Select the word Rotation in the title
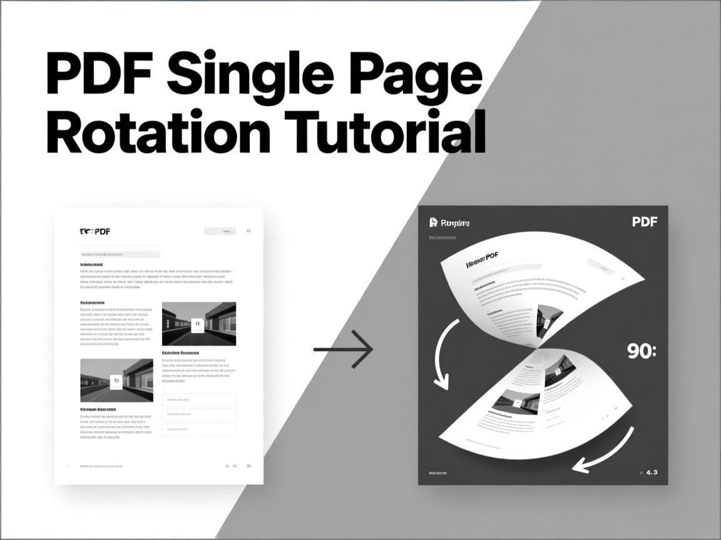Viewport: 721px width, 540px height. (x=158, y=132)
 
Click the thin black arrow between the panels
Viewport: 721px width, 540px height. (x=343, y=349)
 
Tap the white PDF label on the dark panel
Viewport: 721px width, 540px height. (x=645, y=222)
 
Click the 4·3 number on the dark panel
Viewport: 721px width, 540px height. (x=652, y=472)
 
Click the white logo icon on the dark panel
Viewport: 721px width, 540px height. (x=433, y=222)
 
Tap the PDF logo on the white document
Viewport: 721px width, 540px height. (x=95, y=231)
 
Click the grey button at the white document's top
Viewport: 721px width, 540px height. (x=220, y=231)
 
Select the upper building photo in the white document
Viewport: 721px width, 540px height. (x=199, y=324)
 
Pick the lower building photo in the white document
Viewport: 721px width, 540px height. (x=116, y=380)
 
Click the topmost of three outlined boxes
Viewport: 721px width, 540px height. (x=199, y=399)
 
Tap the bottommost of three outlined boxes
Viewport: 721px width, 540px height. (x=199, y=429)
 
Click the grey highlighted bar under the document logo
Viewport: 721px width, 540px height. (x=120, y=254)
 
